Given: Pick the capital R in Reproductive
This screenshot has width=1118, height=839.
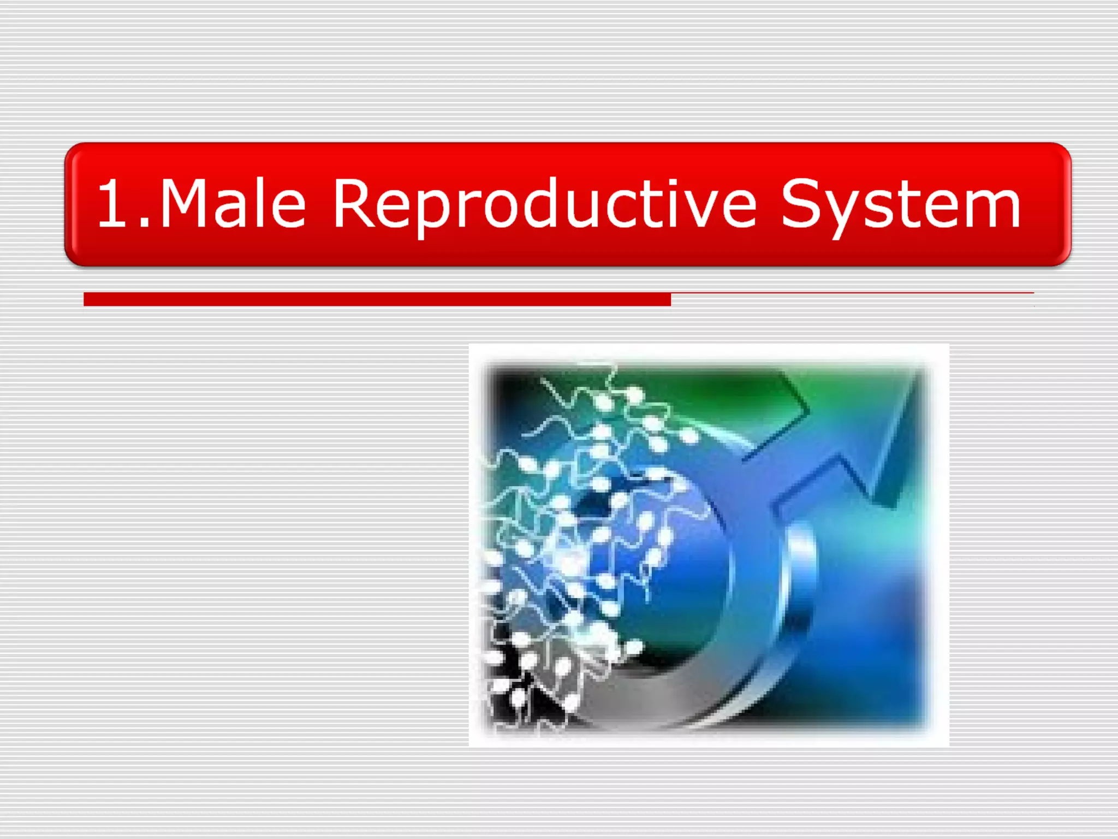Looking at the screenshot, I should pyautogui.click(x=353, y=203).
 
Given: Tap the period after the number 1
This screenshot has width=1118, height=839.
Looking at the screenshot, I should pyautogui.click(x=144, y=222).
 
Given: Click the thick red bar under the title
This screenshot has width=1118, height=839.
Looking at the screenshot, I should pyautogui.click(x=377, y=299).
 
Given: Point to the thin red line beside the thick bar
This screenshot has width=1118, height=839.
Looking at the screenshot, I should pyautogui.click(x=852, y=293).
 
